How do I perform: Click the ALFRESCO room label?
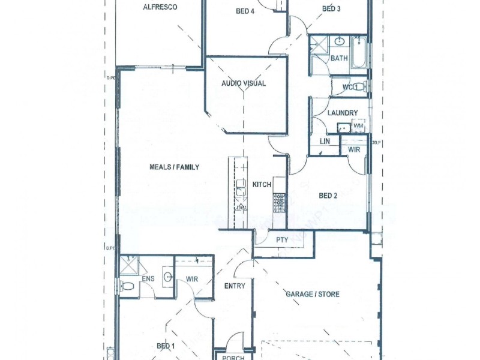159,8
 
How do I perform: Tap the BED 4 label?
245,11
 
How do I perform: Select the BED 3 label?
331,8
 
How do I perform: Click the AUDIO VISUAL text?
244,83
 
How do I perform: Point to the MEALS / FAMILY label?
174,167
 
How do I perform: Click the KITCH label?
262,185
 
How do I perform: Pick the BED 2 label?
328,196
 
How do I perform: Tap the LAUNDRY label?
343,113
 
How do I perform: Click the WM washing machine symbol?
358,126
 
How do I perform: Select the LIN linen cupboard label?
325,141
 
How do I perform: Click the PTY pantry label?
282,240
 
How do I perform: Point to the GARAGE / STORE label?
312,295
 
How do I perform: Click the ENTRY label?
235,286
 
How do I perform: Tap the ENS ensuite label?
148,279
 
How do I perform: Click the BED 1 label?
166,346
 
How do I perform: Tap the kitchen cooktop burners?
280,202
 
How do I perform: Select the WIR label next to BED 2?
354,149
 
